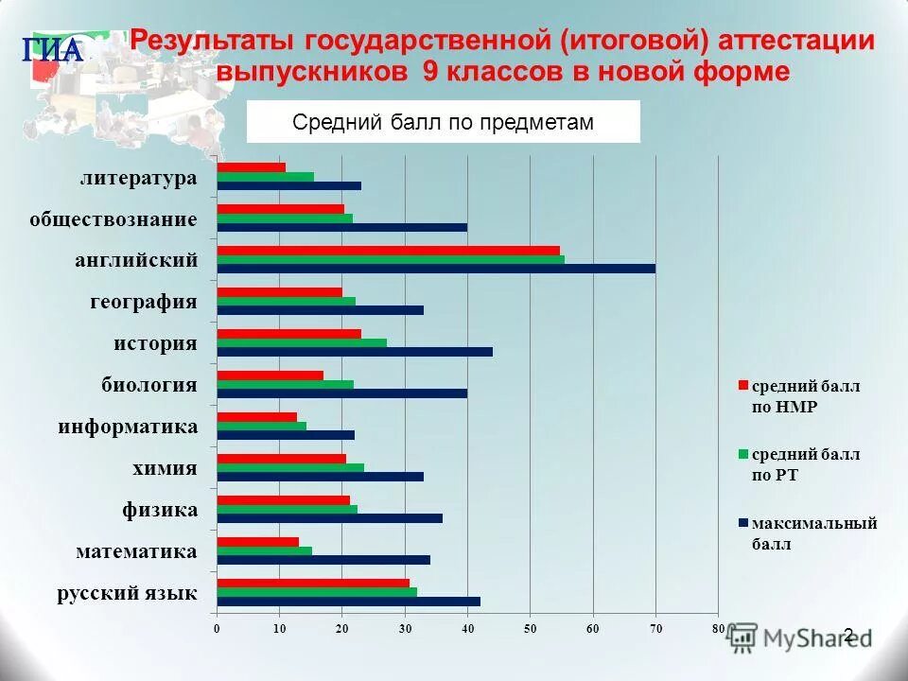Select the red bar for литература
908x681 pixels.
coord(251,167)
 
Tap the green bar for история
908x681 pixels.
coord(301,342)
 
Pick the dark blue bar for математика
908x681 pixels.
coord(323,559)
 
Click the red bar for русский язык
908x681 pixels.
coord(312,583)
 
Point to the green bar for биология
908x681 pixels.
coord(285,384)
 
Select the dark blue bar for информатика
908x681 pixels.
coord(285,435)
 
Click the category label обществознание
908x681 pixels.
coord(113,219)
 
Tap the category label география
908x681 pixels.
coord(144,303)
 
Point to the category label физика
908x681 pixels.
coord(160,511)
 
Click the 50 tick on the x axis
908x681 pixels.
coord(530,628)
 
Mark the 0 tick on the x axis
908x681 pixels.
coord(217,628)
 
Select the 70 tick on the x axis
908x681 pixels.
coord(655,628)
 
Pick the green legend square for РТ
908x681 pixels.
coord(742,454)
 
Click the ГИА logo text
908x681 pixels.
coord(53,50)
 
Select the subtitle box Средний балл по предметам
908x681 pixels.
coord(443,122)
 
